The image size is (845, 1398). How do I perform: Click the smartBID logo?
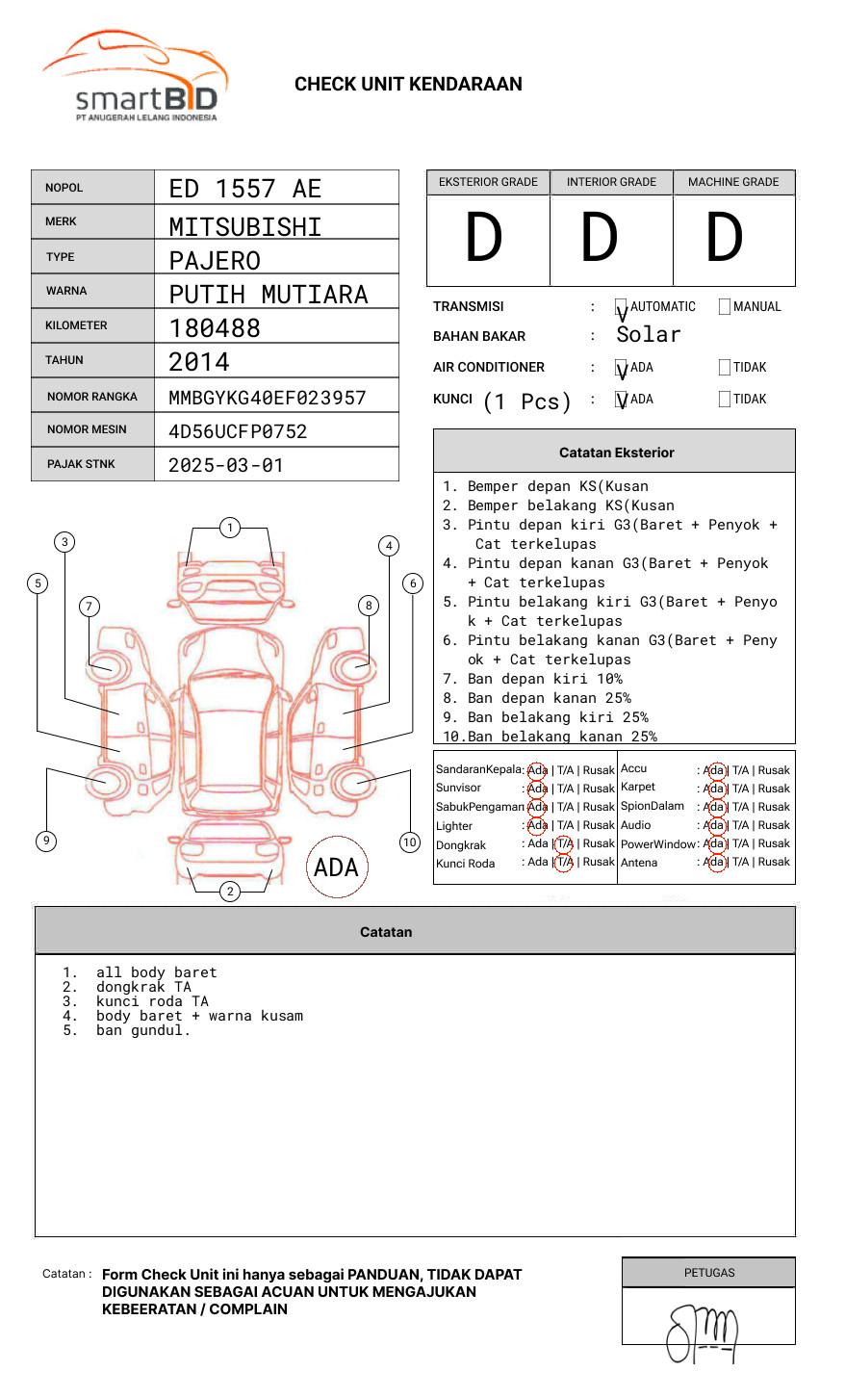(x=135, y=77)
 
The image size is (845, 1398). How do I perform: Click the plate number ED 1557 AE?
(x=245, y=189)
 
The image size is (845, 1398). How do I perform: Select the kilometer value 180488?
(x=215, y=328)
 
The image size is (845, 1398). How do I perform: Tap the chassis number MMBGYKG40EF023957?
(x=268, y=398)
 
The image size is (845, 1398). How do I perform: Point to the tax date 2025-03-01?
(x=226, y=465)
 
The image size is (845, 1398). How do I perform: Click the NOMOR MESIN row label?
(x=87, y=429)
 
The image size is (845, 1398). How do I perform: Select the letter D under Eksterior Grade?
(x=484, y=238)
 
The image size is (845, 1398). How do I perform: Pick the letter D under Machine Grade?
(x=725, y=238)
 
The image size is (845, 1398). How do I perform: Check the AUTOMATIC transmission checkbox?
(x=622, y=307)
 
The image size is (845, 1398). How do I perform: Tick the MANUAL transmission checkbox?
(x=725, y=307)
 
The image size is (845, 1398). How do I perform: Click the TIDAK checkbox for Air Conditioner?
(x=725, y=368)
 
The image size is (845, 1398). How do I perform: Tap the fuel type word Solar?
(x=648, y=335)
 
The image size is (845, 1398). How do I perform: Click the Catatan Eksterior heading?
(x=616, y=453)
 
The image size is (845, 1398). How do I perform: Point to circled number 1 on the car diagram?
(x=229, y=528)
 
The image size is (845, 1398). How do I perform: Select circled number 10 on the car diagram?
(x=410, y=842)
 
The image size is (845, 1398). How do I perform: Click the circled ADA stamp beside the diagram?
(x=336, y=867)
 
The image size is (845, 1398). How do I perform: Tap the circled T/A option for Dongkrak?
(x=564, y=843)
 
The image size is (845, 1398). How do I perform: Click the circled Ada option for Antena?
(x=714, y=863)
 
